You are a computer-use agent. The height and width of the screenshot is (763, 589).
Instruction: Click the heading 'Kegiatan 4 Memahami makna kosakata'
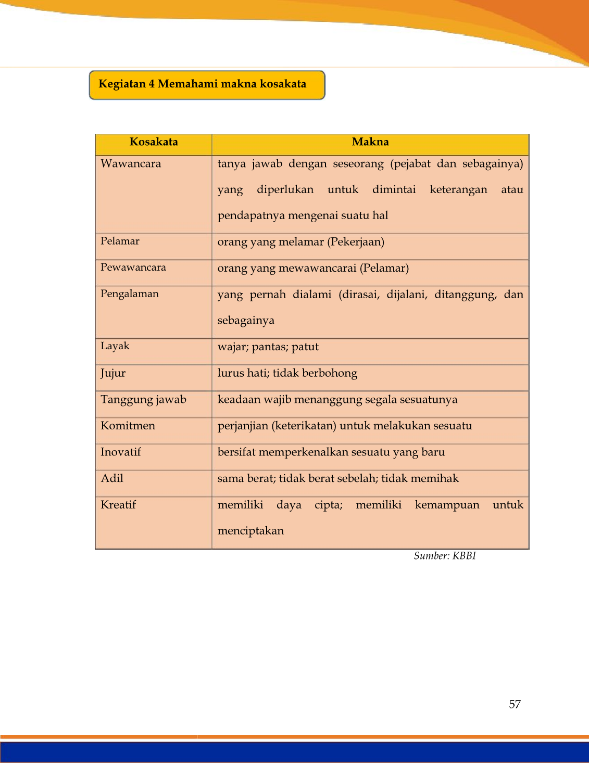coord(203,84)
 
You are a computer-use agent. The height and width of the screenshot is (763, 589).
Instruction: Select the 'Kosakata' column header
coord(154,142)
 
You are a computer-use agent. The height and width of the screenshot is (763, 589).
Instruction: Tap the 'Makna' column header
coord(370,142)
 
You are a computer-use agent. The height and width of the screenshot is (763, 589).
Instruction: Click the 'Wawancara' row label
coord(131,164)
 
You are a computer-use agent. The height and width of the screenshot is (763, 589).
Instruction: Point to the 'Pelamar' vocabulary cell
coord(120,241)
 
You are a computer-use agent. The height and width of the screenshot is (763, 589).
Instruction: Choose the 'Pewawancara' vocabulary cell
coord(133,268)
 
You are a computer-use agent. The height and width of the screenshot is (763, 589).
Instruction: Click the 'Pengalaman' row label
coord(130,294)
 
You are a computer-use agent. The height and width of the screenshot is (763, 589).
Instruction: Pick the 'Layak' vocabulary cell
coord(115,346)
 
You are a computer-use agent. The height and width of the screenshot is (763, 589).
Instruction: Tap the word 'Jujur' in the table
coord(113,373)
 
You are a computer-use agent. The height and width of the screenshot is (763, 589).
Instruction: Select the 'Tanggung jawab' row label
coord(143,400)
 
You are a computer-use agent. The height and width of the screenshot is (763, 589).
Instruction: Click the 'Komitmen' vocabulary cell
coord(128,426)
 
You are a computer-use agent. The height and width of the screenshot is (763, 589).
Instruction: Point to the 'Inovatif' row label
coord(121,452)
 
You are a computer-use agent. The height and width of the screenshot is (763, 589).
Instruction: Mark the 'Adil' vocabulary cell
coord(112,478)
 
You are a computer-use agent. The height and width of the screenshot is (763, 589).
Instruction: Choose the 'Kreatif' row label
coord(118,505)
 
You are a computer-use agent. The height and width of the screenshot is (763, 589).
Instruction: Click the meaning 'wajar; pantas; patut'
coord(268,347)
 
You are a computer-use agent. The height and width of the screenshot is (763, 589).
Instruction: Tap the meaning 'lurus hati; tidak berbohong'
coord(287,373)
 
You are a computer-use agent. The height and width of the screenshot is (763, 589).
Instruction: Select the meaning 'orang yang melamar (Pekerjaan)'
coord(300,242)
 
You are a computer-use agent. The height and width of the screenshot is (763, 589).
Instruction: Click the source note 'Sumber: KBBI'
coord(445,556)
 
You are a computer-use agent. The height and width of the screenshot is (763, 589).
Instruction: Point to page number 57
coord(515,705)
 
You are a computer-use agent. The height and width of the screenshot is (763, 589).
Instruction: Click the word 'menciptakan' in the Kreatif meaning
coord(250,531)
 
